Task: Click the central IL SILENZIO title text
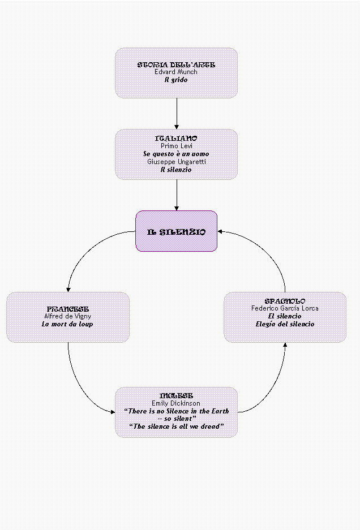[176, 232]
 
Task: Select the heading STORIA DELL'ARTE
[176, 65]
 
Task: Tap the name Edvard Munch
[176, 72]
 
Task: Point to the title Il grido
[176, 80]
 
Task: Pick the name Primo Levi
[176, 146]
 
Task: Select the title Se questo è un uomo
[176, 153]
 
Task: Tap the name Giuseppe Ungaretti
[176, 161]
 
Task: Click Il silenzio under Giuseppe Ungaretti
[176, 169]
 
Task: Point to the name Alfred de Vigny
[67, 317]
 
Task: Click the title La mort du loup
[67, 325]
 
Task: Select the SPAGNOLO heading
[285, 301]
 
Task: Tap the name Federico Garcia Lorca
[285, 309]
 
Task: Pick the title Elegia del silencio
[285, 324]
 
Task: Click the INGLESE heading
[176, 395]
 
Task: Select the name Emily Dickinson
[176, 403]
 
